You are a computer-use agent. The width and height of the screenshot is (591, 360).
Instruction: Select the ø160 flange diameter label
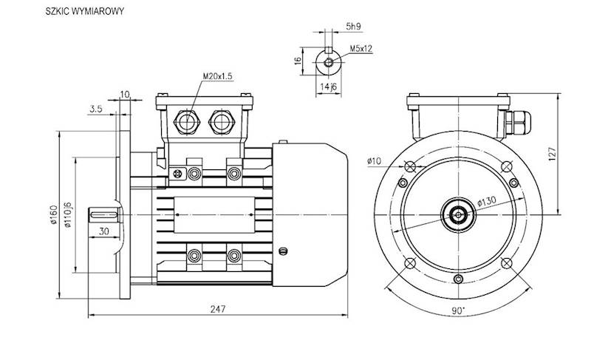point(52,214)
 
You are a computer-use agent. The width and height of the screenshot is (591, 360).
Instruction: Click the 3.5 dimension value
point(95,109)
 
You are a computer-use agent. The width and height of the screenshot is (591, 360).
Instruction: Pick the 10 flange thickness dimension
point(125,94)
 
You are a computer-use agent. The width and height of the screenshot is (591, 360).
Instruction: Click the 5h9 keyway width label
point(354,28)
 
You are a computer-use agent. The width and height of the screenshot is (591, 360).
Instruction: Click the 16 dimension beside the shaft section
point(298,62)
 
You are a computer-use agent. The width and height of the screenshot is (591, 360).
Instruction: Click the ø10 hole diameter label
point(373,160)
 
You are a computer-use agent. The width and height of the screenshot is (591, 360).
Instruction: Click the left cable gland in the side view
point(185,121)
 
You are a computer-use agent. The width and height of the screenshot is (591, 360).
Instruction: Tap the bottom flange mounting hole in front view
point(459,279)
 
